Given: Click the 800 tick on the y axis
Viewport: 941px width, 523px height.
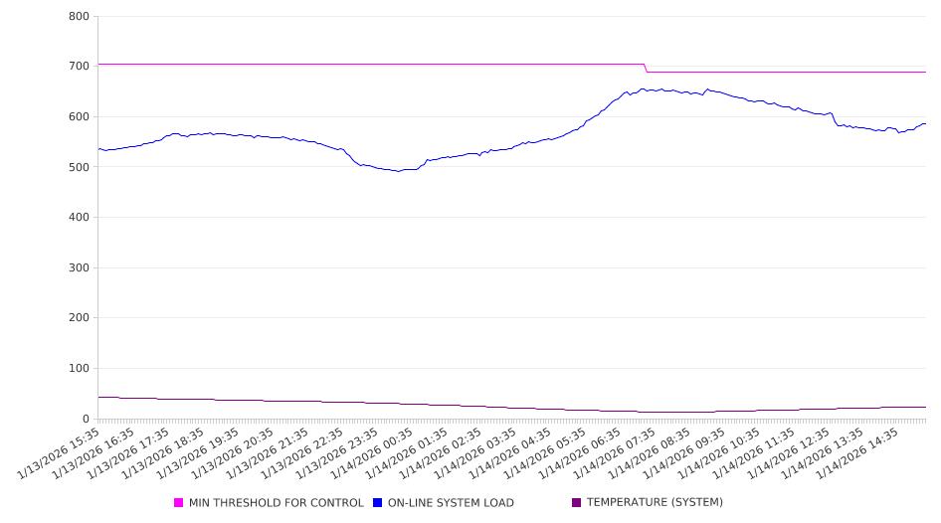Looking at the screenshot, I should coord(80,16).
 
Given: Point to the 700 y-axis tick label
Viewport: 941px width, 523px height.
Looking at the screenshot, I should coord(80,67).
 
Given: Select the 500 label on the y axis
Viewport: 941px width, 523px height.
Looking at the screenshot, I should coord(80,167).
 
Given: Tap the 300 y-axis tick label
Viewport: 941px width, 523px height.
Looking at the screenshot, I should coord(80,268).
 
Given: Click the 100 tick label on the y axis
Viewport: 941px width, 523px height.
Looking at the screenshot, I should coord(80,369).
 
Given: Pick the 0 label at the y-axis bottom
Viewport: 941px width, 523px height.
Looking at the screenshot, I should coord(87,420).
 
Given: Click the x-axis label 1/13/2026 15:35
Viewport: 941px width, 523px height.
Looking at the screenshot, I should coord(61,455).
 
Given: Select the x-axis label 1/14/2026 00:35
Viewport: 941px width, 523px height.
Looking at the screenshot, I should coord(374,455).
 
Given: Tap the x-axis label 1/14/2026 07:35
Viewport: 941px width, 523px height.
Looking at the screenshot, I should coord(618,455).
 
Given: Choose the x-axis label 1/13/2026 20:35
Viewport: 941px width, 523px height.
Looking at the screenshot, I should coord(235,455).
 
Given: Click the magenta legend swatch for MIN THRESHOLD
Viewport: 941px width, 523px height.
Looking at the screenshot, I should coord(178,503).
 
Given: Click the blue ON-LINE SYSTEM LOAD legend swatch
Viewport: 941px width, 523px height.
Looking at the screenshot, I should coord(377,503).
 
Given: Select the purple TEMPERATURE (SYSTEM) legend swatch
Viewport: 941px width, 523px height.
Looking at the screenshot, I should coord(576,503).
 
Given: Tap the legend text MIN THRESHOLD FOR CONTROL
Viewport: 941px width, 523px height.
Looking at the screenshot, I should coord(276,503).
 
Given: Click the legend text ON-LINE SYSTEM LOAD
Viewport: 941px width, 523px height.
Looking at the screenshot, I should coord(451,503).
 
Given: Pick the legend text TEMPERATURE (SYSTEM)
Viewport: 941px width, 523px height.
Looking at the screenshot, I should coord(655,503).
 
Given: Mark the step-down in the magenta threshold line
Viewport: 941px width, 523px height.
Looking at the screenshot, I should coord(646,68).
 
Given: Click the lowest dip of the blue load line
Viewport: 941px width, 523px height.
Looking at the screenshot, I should coord(399,171).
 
